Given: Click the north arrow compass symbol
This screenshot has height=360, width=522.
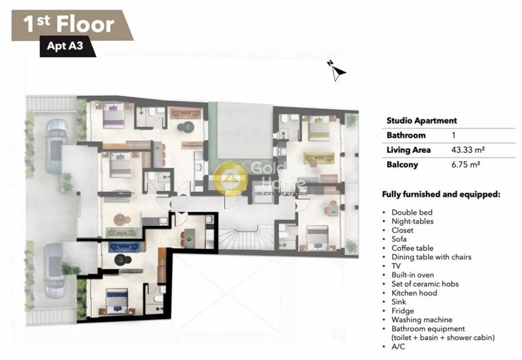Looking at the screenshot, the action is coord(338,71).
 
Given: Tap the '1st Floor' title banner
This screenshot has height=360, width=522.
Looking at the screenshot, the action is coord(72,25).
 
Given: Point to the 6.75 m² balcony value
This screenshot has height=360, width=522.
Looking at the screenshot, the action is coord(466,164).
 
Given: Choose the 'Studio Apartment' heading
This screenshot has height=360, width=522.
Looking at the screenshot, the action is coord(421,121).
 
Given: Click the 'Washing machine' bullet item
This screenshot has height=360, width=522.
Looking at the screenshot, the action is coord(422,320).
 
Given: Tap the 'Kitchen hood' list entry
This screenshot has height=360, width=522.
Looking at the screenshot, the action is coord(414,293).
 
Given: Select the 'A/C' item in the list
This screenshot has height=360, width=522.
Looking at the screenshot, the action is coord(398,346).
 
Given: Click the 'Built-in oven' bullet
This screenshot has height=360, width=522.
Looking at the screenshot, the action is coord(412,275).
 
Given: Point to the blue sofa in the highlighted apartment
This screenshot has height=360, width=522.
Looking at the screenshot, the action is coord(124,247).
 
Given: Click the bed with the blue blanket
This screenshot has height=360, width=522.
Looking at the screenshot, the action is coord(116,300).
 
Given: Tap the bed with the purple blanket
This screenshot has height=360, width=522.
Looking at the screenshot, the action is coord(114,115).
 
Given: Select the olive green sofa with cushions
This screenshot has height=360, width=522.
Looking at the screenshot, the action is coord(319,159).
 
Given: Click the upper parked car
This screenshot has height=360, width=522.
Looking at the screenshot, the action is coord(56,146).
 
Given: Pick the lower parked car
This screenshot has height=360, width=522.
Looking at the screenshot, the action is coord(55,270).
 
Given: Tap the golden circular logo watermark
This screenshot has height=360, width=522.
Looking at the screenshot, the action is coord(230,178).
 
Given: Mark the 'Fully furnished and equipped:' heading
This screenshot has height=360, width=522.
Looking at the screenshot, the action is coord(441,194).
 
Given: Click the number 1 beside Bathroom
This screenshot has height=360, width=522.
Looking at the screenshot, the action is coord(454,135).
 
